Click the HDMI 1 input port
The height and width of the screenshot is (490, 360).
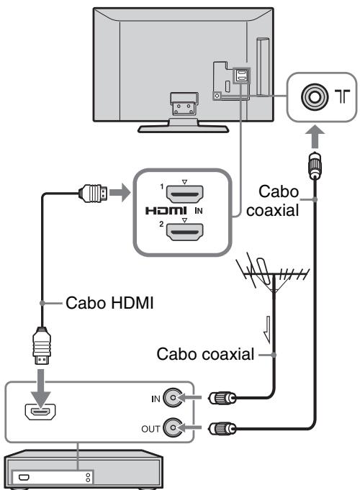(x=184, y=194)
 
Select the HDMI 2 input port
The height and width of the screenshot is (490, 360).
(x=184, y=232)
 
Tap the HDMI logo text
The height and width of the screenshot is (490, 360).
(x=166, y=211)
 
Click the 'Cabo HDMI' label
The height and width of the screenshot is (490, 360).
(x=109, y=303)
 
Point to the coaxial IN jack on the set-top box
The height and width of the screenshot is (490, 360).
(x=173, y=398)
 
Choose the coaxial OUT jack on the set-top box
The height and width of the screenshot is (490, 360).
(x=173, y=427)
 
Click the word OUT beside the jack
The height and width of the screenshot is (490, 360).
(x=150, y=429)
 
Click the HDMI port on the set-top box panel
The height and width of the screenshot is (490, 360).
(x=40, y=412)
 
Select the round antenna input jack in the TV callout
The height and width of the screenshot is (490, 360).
(x=315, y=96)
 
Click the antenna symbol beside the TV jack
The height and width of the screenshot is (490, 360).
(x=342, y=96)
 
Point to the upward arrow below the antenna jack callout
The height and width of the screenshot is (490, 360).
(x=315, y=137)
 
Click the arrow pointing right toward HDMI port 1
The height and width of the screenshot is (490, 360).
(x=120, y=193)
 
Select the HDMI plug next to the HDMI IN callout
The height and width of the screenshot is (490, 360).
(x=93, y=193)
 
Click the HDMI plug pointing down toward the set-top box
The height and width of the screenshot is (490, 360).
(x=42, y=345)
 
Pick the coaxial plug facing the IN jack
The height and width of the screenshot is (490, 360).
(x=222, y=398)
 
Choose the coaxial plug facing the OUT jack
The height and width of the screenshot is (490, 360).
(x=222, y=428)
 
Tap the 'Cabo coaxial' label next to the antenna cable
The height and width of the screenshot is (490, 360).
(x=205, y=355)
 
